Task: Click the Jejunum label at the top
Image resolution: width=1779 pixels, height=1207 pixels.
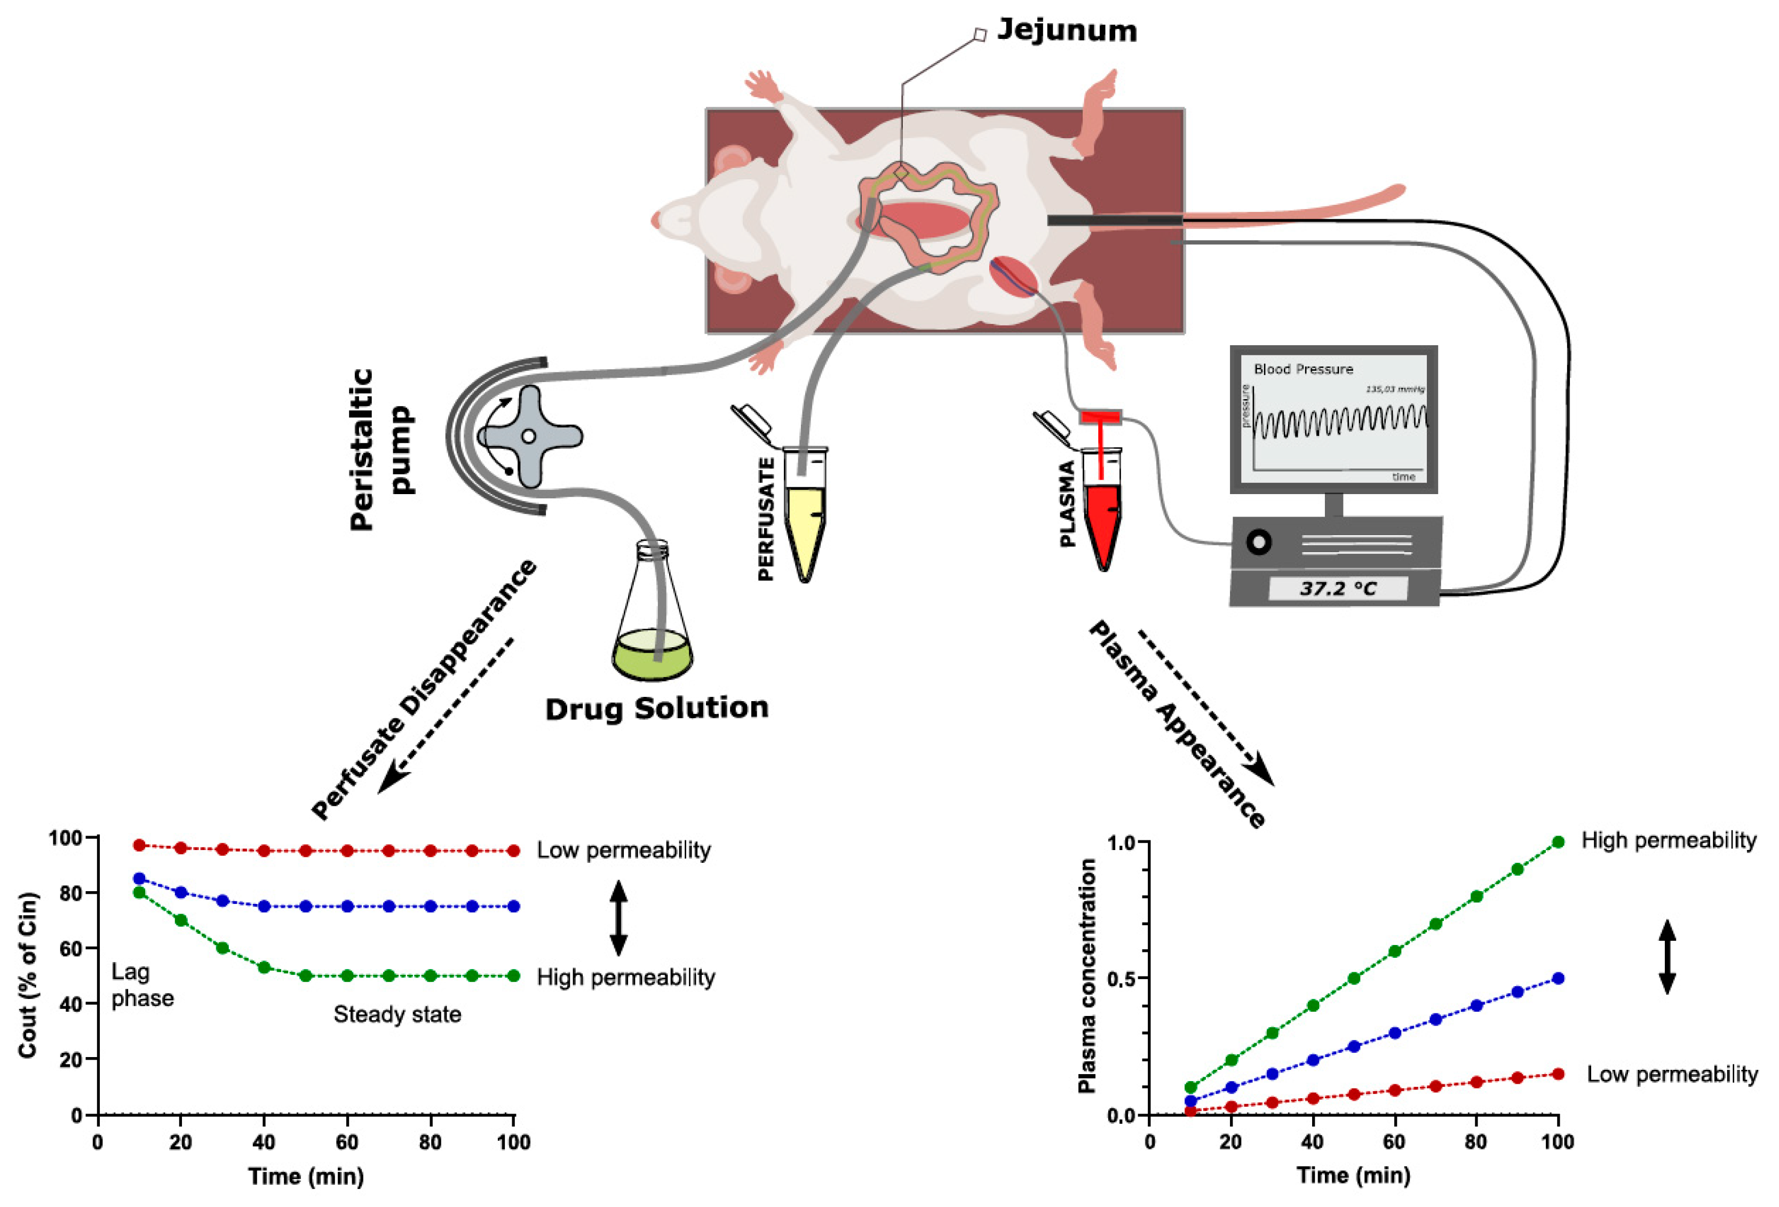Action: (x=1066, y=30)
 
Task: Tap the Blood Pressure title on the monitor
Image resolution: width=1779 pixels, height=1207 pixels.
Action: (x=1303, y=369)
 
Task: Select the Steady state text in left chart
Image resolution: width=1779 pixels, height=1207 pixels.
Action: (x=398, y=1015)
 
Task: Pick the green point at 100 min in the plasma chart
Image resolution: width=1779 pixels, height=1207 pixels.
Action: (x=1558, y=842)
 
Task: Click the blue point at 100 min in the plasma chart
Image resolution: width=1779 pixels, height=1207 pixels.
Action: (x=1558, y=978)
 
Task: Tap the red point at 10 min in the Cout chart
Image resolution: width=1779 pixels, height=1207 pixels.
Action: (x=139, y=845)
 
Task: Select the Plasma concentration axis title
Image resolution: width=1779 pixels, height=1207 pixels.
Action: (x=1087, y=976)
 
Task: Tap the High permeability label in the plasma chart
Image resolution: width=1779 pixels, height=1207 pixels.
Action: (x=1669, y=840)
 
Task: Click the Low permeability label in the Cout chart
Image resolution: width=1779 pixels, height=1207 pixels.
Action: (x=623, y=851)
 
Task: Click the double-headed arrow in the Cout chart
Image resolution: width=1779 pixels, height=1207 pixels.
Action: (x=618, y=918)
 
